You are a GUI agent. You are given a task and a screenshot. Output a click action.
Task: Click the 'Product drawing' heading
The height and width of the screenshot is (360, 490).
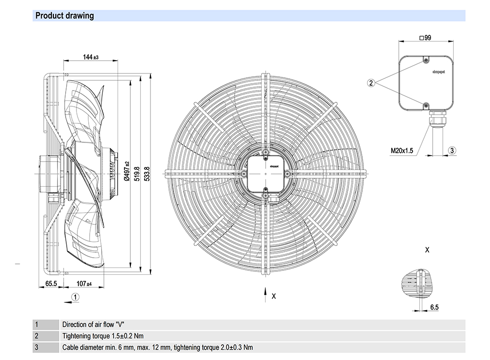click(65, 16)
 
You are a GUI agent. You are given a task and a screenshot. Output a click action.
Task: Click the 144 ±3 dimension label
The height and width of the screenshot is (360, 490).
click(90, 57)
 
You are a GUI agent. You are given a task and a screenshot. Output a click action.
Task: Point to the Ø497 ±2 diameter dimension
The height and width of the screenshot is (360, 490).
click(126, 171)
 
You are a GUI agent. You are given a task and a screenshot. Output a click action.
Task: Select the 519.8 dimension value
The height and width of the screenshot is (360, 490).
click(138, 174)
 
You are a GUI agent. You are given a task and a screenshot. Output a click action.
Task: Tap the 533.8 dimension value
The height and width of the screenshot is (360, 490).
click(147, 174)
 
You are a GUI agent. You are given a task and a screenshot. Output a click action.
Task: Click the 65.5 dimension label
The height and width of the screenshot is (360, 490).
click(51, 284)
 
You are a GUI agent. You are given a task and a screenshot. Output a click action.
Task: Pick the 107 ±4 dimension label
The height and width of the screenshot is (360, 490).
click(84, 284)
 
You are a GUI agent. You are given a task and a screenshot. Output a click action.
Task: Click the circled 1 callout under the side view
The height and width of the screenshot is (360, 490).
click(75, 296)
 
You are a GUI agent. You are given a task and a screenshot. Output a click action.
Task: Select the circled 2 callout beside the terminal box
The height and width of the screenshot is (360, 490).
click(371, 83)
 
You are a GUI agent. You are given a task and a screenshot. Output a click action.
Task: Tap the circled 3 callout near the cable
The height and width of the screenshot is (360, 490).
click(452, 150)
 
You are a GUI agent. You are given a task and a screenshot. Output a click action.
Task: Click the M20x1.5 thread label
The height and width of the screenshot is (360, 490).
click(402, 150)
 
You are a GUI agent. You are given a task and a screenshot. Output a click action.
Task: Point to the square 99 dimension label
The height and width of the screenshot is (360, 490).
click(425, 38)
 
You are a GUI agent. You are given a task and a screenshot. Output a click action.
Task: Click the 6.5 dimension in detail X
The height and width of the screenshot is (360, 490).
click(434, 307)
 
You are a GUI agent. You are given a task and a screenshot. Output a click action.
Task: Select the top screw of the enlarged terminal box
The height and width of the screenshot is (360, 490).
click(426, 60)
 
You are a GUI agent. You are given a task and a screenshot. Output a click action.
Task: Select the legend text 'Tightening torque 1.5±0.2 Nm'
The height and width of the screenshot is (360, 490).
click(103, 336)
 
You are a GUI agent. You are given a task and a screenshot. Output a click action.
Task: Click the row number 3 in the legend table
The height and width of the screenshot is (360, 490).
click(36, 348)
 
